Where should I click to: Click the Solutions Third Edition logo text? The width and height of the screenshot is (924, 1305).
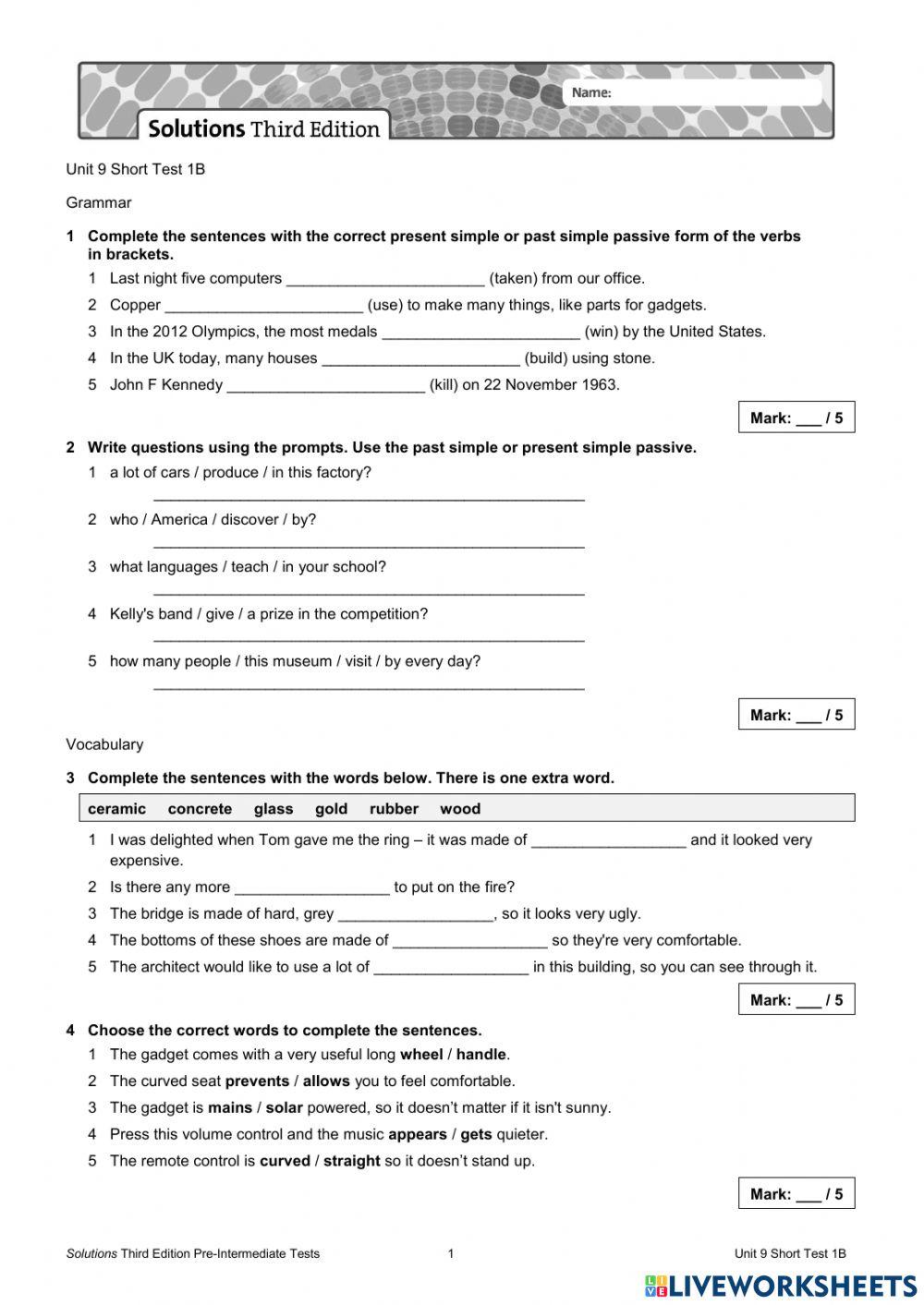pyautogui.click(x=264, y=128)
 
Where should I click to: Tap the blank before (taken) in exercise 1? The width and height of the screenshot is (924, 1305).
pyautogui.click(x=385, y=278)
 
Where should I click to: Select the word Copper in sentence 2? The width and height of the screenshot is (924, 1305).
pyautogui.click(x=135, y=305)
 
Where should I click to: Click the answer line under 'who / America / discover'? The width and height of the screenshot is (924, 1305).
pyautogui.click(x=369, y=543)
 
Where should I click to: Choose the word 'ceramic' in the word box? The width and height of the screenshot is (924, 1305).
pyautogui.click(x=116, y=809)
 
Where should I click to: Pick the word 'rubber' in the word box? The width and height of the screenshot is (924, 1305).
pyautogui.click(x=394, y=809)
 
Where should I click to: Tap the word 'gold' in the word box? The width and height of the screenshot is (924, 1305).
pyautogui.click(x=331, y=809)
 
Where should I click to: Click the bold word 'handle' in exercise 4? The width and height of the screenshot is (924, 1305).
pyautogui.click(x=480, y=1055)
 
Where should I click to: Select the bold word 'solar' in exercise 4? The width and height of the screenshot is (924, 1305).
pyautogui.click(x=285, y=1108)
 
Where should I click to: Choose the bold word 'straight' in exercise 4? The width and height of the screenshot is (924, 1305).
pyautogui.click(x=351, y=1162)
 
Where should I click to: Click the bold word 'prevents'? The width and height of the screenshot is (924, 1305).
pyautogui.click(x=257, y=1081)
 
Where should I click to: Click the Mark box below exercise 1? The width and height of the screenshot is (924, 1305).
pyautogui.click(x=796, y=417)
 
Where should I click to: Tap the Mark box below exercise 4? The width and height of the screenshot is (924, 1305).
pyautogui.click(x=796, y=1193)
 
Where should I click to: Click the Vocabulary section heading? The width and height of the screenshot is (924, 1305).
pyautogui.click(x=104, y=744)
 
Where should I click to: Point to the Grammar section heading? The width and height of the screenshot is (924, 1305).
pyautogui.click(x=99, y=202)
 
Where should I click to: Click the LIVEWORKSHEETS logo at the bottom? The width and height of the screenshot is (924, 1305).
pyautogui.click(x=781, y=1285)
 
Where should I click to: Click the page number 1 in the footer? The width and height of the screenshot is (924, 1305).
pyautogui.click(x=451, y=1254)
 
